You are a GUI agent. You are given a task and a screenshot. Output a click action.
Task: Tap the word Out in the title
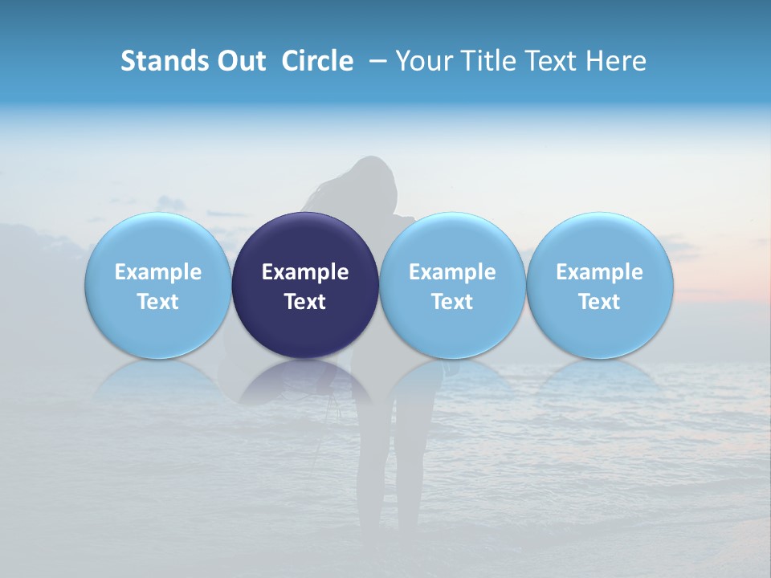click(239, 61)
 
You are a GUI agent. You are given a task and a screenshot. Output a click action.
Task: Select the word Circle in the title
click(317, 61)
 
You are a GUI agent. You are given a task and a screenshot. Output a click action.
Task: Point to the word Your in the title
click(422, 61)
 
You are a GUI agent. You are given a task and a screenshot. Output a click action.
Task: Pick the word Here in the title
click(616, 61)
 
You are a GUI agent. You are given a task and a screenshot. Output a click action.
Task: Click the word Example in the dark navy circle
click(305, 272)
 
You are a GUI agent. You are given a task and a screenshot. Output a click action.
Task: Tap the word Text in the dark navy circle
click(305, 302)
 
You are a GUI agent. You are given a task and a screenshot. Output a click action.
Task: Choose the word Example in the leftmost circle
click(158, 272)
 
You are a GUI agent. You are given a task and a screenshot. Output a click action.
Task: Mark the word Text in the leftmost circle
click(158, 302)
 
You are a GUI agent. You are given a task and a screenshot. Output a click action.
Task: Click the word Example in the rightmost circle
click(600, 272)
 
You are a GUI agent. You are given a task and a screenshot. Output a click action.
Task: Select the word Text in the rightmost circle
click(600, 302)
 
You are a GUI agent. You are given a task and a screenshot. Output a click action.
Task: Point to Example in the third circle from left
click(452, 272)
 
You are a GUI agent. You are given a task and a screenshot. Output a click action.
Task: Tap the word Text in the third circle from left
click(452, 302)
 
